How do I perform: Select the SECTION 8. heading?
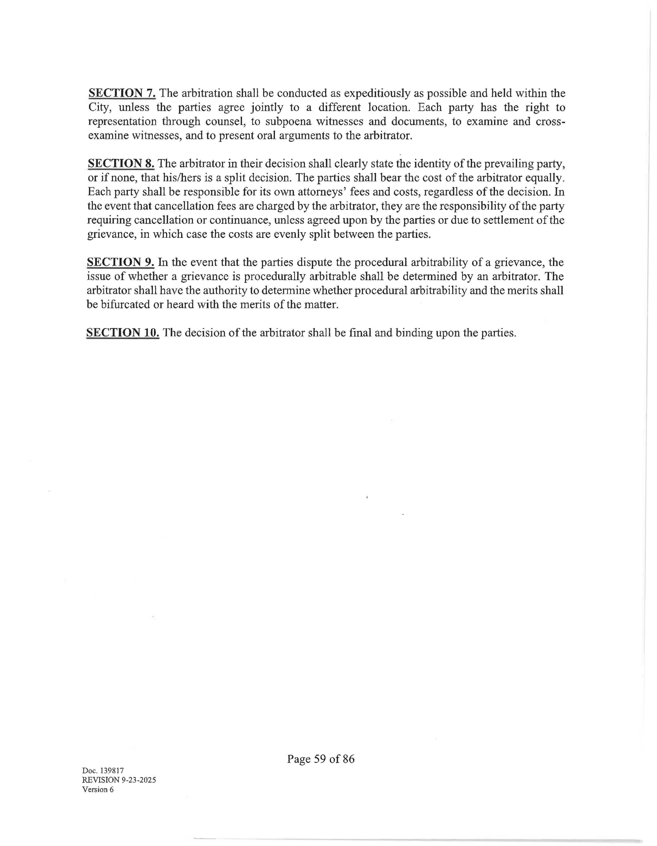pyautogui.click(x=121, y=164)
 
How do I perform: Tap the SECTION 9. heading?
pyautogui.click(x=120, y=262)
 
